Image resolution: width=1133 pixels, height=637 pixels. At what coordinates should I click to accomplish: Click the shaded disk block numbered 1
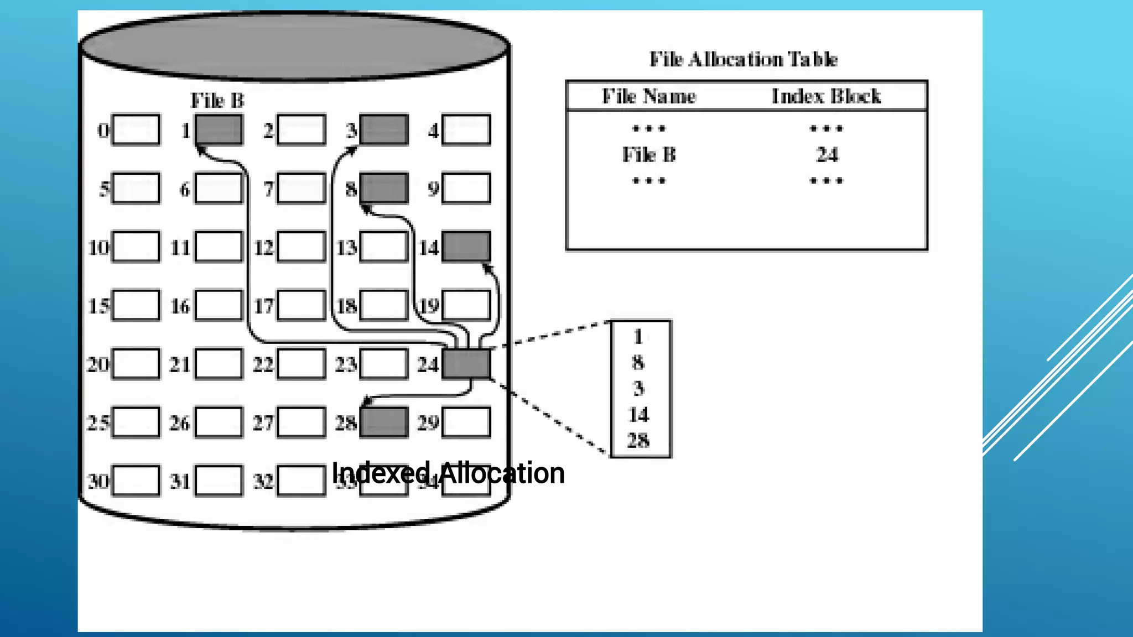(219, 130)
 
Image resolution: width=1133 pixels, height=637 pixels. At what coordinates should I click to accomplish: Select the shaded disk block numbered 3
(384, 130)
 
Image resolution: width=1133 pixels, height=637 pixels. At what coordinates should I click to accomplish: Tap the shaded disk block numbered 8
(384, 188)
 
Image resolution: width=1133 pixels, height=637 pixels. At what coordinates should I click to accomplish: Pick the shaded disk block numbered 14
(466, 246)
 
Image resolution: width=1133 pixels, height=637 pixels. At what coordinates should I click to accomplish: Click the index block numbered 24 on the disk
(466, 364)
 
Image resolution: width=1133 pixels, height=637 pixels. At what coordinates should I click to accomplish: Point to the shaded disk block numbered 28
(384, 422)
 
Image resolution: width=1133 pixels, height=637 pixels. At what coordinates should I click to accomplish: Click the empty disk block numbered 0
(136, 130)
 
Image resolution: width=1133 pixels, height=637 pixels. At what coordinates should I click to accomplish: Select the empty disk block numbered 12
(302, 247)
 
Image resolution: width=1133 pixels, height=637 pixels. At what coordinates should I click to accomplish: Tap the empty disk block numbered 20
(136, 364)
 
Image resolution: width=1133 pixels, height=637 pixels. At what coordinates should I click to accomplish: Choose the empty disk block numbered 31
(219, 481)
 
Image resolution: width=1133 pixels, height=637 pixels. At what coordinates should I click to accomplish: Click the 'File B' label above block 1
(217, 101)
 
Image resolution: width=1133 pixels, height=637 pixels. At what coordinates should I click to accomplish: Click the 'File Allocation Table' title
(744, 59)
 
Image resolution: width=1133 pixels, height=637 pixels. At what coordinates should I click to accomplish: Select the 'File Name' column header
(649, 96)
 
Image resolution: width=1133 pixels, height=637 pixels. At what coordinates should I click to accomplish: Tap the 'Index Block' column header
(826, 96)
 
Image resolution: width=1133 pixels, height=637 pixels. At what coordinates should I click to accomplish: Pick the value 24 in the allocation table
(827, 155)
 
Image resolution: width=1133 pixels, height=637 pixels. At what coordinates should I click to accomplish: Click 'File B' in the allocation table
(649, 155)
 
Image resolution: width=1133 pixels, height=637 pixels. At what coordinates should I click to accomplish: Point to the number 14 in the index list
(638, 415)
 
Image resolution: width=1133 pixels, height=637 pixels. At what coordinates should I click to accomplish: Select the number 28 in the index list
(638, 441)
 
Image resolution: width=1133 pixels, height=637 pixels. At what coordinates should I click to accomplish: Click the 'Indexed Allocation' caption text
(448, 473)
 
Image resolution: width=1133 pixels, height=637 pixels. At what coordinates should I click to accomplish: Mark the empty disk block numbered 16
(219, 305)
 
